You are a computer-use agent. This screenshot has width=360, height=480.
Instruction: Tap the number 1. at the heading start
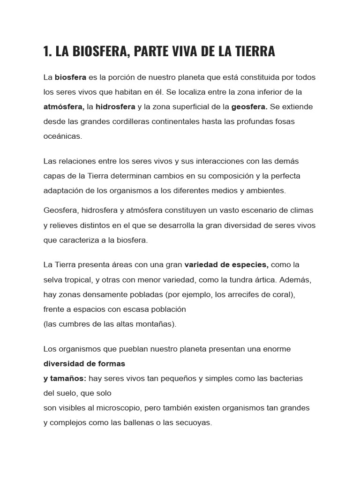pyautogui.click(x=47, y=52)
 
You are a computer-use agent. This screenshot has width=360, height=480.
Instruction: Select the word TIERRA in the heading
pyautogui.click(x=254, y=52)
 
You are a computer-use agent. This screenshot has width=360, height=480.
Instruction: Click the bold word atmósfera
pyautogui.click(x=63, y=106)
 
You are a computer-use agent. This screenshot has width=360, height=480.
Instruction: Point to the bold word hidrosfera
pyautogui.click(x=115, y=106)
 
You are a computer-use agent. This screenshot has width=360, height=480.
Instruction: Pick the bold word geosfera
pyautogui.click(x=249, y=106)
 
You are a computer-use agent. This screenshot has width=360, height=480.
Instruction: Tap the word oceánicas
pyautogui.click(x=62, y=136)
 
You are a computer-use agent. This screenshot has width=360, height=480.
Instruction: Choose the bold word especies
pyautogui.click(x=246, y=264)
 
